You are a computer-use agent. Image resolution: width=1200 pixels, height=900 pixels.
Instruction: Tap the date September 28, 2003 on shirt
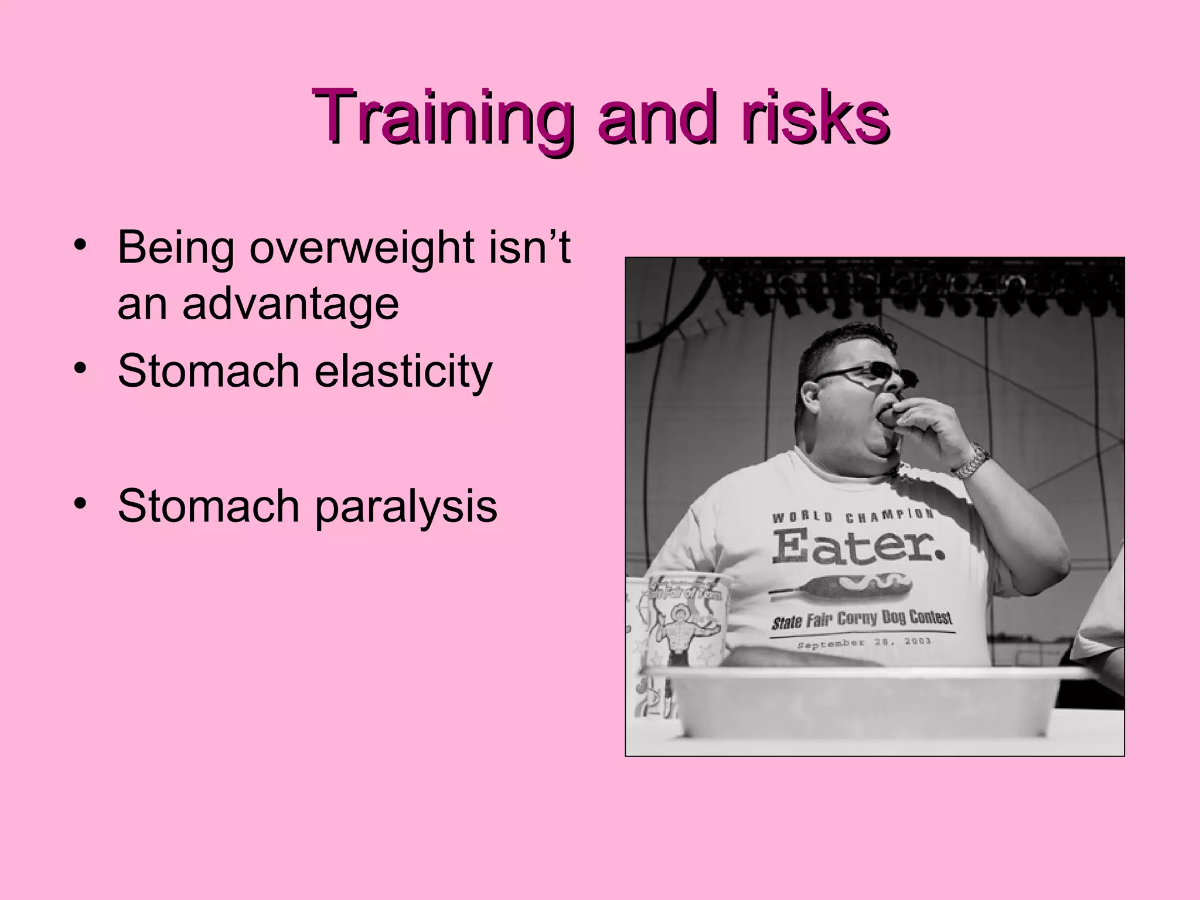click(x=864, y=643)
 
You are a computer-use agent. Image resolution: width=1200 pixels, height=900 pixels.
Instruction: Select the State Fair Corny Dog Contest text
click(x=861, y=619)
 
